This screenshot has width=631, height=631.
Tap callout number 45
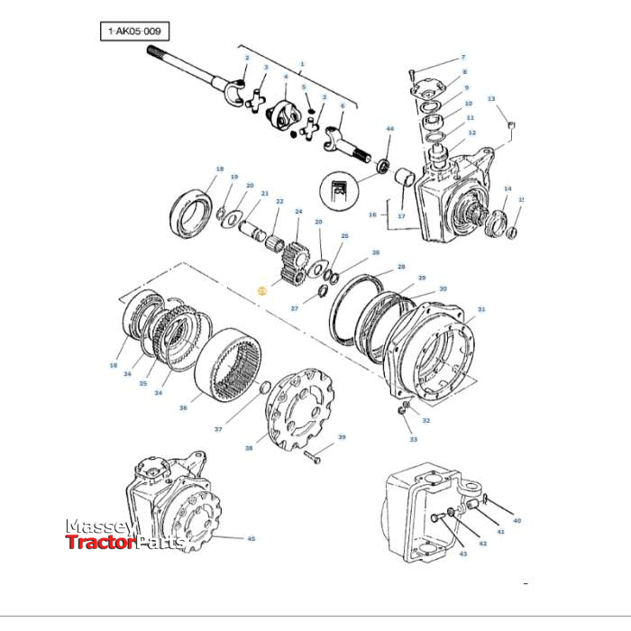point(251,539)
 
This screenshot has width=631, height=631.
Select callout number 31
point(481,310)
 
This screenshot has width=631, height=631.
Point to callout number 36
point(183,407)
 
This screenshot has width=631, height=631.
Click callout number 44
point(389,129)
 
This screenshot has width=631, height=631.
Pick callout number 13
point(491,98)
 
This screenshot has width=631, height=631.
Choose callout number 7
point(463,57)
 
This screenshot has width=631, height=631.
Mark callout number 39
point(342,437)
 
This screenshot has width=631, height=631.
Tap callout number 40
point(517,521)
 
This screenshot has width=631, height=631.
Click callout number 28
point(401,267)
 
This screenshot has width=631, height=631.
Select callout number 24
point(297,212)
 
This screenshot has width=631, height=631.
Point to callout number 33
point(414,439)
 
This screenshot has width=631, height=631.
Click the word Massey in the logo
point(100,526)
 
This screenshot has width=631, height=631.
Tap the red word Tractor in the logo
point(100,542)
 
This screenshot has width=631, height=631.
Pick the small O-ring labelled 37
point(263,388)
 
